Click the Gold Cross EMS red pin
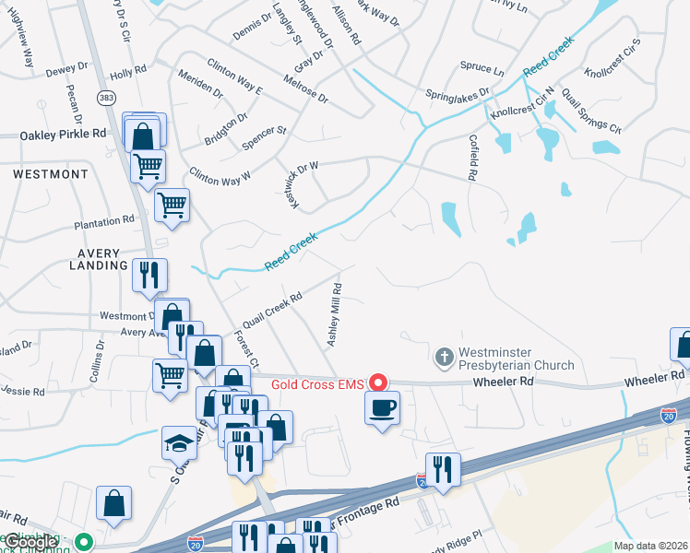point(377,382)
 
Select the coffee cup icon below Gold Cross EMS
point(383,407)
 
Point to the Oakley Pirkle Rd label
point(64,134)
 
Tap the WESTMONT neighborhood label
point(51,173)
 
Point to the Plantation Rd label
point(105,222)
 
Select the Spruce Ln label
point(482,70)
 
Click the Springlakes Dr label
point(457,94)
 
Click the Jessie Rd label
point(23,392)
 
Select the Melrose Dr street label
point(305,88)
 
